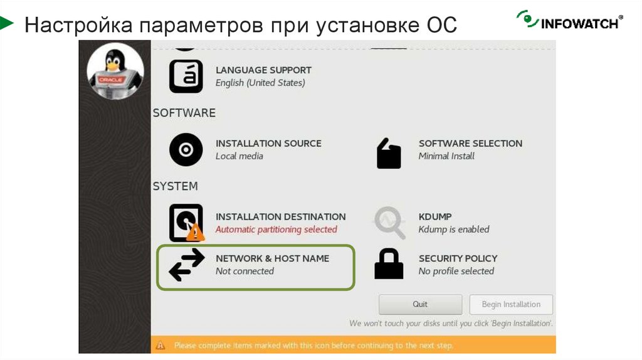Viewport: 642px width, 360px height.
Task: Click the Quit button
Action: coord(420,305)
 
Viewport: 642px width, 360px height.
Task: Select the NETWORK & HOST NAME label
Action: coord(272,258)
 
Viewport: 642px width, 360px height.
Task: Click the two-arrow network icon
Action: coord(187,265)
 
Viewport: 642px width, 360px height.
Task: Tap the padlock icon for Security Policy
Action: coord(389,264)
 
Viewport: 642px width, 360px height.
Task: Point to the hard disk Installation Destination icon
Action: coord(186,222)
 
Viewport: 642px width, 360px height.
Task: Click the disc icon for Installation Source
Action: coord(186,150)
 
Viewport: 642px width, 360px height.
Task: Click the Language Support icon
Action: coord(186,77)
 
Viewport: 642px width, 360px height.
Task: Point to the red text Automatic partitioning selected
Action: coord(276,230)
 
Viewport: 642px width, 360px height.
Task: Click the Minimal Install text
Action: coord(446,156)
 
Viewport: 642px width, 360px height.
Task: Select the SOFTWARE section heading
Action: coord(184,113)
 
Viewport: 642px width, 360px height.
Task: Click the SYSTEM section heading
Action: coord(175,186)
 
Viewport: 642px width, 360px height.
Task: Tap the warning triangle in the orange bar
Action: coord(160,345)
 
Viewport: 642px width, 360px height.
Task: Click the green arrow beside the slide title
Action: coord(7,24)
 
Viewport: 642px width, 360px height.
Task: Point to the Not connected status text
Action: coord(245,272)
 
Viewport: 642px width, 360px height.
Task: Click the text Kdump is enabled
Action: coord(454,230)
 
